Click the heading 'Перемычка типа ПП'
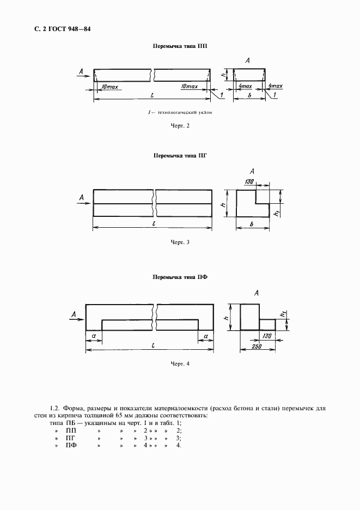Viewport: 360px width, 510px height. tap(179, 47)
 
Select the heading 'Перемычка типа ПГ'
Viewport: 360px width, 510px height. tap(180, 155)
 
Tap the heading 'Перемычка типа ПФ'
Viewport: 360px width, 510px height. tap(180, 277)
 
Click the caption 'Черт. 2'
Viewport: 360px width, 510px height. tap(179, 126)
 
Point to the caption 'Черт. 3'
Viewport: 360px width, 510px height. tap(180, 242)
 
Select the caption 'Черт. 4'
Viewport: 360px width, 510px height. tap(180, 365)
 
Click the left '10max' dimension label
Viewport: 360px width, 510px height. tap(109, 87)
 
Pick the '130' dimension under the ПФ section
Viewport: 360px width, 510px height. tap(266, 336)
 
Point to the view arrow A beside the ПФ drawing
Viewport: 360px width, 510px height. tap(75, 314)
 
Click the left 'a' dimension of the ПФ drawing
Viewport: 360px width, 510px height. tap(94, 336)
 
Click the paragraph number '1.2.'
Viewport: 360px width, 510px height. tap(54, 408)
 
